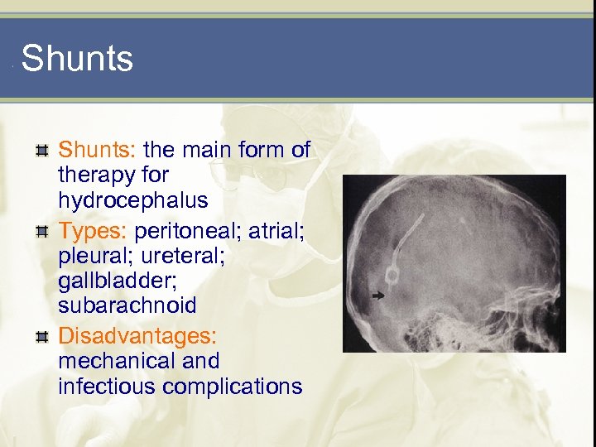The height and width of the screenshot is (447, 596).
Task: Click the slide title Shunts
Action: (x=77, y=59)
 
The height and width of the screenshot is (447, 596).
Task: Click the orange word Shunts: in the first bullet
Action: (x=98, y=150)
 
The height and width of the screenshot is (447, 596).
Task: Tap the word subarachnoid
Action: (x=127, y=305)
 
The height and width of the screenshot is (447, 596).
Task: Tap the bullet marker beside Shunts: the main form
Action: (x=41, y=150)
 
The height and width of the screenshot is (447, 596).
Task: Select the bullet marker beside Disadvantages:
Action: (x=41, y=336)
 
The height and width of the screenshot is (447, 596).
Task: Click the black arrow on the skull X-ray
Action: (x=379, y=295)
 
